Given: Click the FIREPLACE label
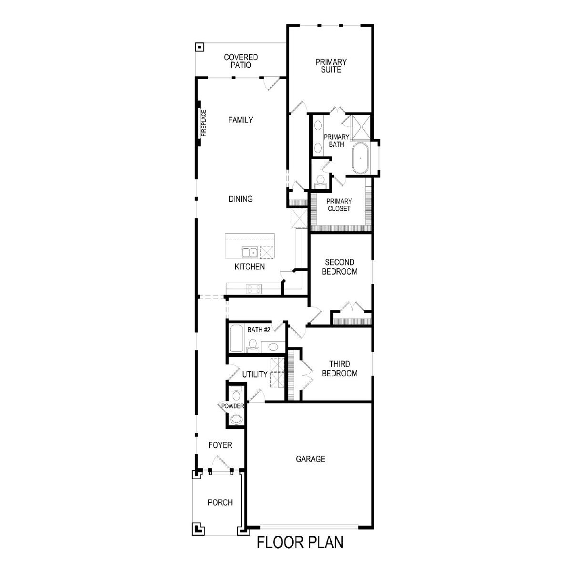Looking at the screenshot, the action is [204, 123].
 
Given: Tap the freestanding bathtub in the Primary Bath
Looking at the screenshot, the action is [361, 158].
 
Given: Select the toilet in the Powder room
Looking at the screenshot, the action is [236, 394].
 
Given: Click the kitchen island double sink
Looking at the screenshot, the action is [249, 252].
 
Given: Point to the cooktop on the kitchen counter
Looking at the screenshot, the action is [254, 289].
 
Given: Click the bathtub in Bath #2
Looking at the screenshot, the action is [236, 338].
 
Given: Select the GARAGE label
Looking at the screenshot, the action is [310, 459].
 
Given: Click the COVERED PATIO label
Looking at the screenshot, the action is [241, 61].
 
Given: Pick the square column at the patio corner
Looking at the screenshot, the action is [199, 47].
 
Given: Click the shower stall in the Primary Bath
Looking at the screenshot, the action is [361, 127].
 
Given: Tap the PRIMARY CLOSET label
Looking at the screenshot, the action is [339, 205].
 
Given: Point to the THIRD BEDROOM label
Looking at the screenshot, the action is [339, 368].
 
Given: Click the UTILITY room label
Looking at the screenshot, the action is [255, 374].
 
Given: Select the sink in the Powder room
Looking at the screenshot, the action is [236, 419].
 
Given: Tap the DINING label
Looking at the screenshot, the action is [240, 199].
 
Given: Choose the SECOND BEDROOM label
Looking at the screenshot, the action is [339, 267].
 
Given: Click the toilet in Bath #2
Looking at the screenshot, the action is [253, 346].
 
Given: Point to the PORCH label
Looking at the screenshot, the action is [220, 502].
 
